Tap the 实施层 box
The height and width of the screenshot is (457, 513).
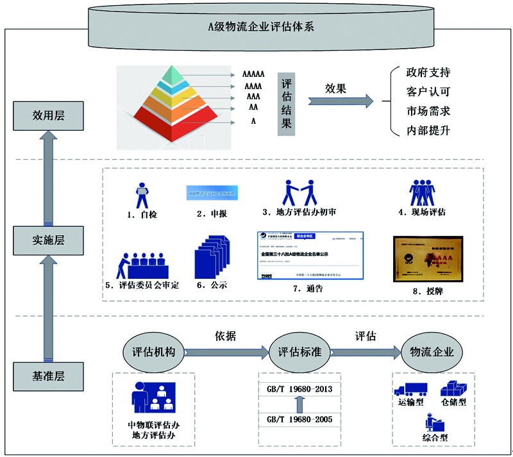tap(49, 240)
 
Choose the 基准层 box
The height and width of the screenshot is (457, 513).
tap(49, 374)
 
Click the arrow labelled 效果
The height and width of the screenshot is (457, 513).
tap(341, 101)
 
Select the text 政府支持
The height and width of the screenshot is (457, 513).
tap(428, 72)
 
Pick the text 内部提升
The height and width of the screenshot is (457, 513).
tap(428, 130)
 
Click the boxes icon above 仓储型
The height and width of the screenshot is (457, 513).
tap(454, 389)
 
